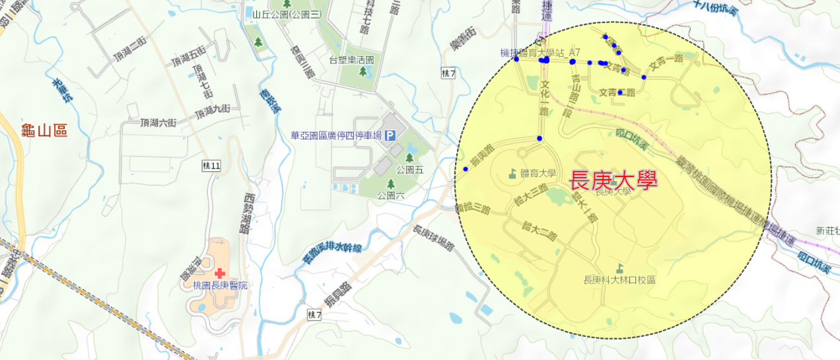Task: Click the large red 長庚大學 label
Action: point(613,181)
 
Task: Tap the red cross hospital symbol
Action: point(219,273)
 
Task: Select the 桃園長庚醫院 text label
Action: point(220,285)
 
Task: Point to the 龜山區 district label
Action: point(44,130)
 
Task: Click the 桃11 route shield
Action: point(211,166)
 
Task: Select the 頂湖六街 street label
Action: point(158,122)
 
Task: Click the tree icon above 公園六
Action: point(390,184)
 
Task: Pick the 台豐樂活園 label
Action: point(351,60)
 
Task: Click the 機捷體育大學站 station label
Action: point(532,52)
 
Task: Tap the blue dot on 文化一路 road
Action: point(540,138)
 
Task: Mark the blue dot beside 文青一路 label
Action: point(644,77)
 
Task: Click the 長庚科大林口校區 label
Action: point(619,280)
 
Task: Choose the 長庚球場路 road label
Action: point(434,238)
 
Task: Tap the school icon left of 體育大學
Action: point(512,174)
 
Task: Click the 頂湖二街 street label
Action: point(130,50)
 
